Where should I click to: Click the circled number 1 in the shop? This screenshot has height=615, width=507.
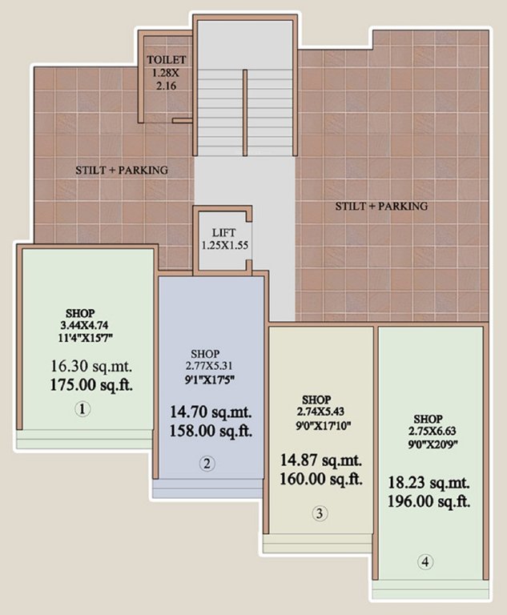point(83,409)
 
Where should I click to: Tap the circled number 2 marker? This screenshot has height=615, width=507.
point(207,462)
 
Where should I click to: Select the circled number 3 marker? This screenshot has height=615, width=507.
point(320,513)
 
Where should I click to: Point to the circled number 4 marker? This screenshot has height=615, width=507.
point(425,562)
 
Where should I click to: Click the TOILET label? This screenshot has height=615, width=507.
point(166,60)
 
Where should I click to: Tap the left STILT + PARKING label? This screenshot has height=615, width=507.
point(123,170)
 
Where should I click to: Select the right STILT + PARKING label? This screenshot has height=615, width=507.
point(381,206)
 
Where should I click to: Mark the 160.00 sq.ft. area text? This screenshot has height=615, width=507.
point(321,480)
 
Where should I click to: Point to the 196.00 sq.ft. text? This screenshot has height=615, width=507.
point(429,502)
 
